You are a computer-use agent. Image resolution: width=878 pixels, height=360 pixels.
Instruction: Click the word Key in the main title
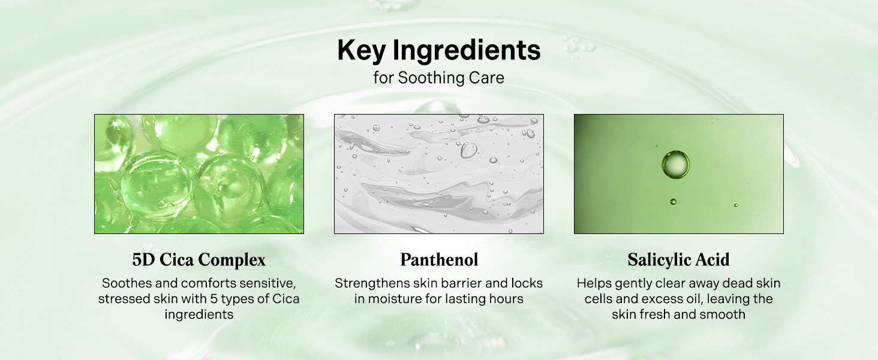click(x=362, y=50)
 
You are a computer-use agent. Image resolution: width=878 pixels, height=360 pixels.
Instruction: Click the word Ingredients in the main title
click(x=467, y=50)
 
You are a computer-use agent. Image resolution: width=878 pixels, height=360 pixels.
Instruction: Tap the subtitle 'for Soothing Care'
click(x=438, y=77)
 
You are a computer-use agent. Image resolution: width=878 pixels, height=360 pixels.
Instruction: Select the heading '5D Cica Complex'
click(x=199, y=260)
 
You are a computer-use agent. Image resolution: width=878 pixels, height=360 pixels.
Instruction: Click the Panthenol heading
click(x=439, y=260)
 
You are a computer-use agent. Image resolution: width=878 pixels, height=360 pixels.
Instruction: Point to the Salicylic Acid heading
click(x=678, y=260)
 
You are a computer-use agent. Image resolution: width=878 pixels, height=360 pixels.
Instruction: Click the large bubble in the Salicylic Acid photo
click(x=676, y=164)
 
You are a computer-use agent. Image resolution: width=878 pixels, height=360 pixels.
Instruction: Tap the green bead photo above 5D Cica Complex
click(x=199, y=174)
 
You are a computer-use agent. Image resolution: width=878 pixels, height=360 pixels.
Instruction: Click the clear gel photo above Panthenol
click(x=439, y=174)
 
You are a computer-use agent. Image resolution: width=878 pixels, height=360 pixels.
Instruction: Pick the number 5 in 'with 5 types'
click(x=214, y=299)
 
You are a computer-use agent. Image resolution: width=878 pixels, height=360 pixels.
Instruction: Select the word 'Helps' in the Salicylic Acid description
click(x=594, y=284)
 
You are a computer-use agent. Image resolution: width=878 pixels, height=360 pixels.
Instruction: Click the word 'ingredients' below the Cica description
click(x=199, y=314)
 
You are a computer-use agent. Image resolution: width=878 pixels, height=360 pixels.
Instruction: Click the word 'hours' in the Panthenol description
click(x=506, y=299)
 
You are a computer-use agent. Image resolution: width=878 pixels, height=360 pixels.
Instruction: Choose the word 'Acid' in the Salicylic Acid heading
click(x=714, y=260)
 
